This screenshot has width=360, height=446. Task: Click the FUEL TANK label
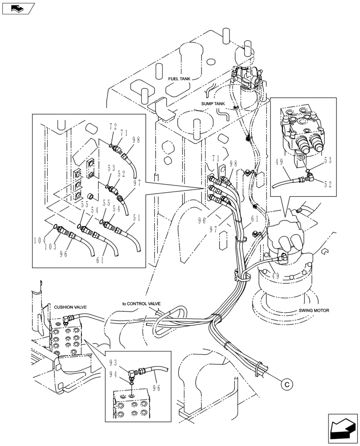point(179,79)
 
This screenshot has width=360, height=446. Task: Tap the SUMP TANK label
point(213,103)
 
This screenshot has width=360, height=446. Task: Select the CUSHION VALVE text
point(70,307)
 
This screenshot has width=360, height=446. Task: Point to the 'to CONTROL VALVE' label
point(141,304)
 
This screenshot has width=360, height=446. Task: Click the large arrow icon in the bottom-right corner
point(342,429)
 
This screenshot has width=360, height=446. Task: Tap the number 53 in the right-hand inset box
point(327,159)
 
